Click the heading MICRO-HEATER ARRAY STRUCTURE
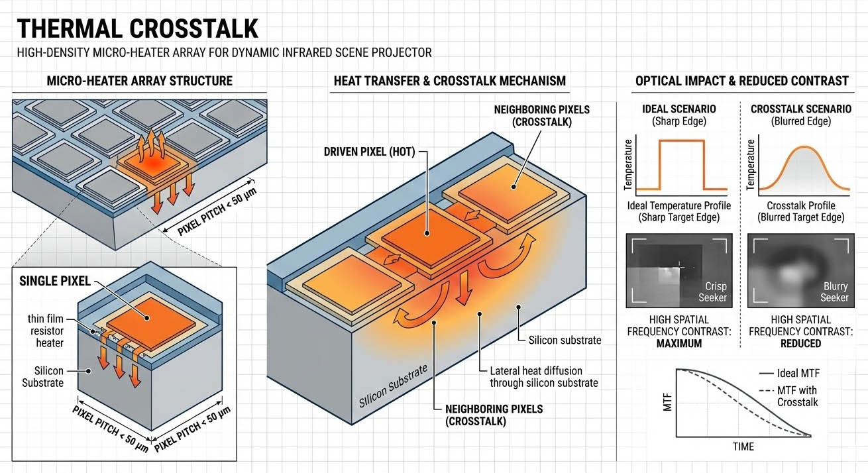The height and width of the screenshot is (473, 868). point(139,81)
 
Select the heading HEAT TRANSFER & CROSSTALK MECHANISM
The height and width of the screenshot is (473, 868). point(449,81)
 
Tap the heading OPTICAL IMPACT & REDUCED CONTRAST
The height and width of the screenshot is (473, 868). point(741,81)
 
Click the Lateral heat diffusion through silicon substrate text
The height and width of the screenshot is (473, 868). point(543,377)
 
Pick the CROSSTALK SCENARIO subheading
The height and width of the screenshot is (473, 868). point(796,109)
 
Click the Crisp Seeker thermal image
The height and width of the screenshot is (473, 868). point(679,270)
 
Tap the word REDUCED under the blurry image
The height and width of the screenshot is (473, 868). point(800,343)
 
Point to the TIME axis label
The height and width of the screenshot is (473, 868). point(743,447)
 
